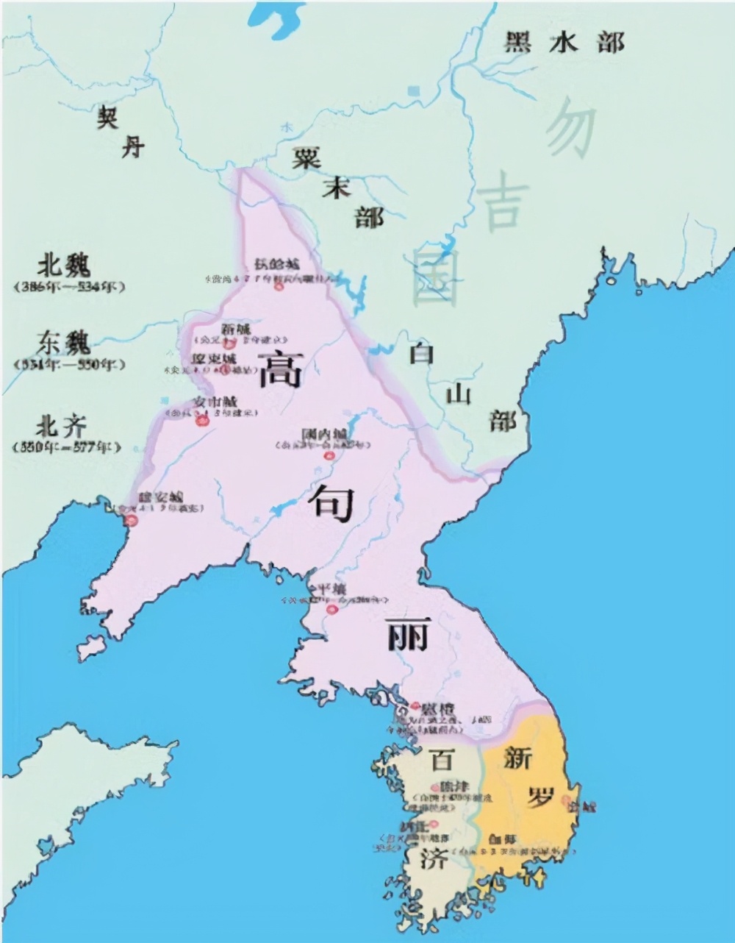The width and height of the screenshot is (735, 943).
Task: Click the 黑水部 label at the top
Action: (564, 42)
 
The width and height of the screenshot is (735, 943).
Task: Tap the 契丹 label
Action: (121, 131)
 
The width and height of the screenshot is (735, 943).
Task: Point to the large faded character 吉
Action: (502, 204)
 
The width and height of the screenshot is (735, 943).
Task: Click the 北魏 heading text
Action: (63, 266)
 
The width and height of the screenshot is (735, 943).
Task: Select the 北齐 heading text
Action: (62, 426)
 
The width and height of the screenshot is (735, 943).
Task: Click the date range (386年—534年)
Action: (68, 286)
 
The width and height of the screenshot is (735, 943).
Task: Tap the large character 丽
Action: (407, 634)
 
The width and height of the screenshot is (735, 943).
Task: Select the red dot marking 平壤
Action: (331, 609)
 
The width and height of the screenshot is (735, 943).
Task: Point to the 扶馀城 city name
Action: (277, 264)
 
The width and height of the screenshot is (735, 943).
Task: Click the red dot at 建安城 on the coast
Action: (131, 521)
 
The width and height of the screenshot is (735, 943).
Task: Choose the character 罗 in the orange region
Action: (540, 796)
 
